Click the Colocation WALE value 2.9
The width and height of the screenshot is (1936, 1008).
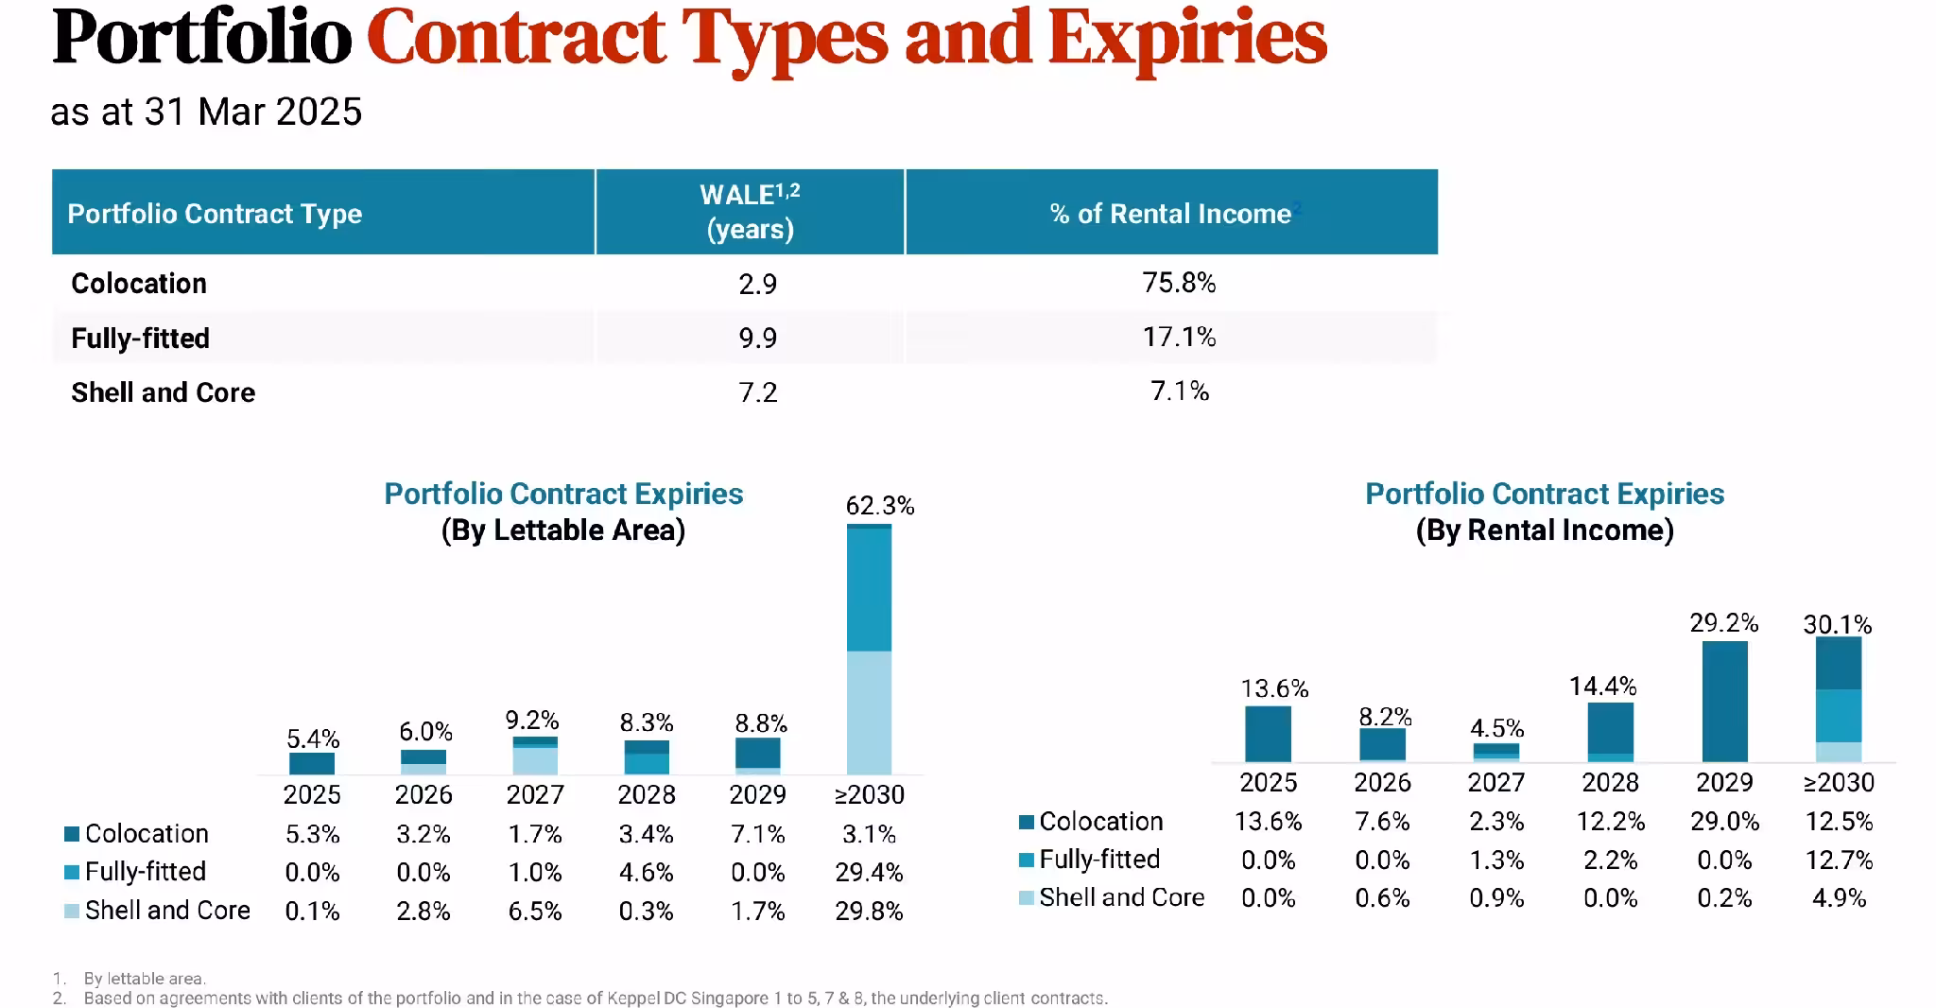[x=757, y=284]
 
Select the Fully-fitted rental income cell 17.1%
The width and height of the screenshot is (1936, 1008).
[x=1179, y=337]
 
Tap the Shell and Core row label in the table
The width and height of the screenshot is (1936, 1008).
[x=163, y=392]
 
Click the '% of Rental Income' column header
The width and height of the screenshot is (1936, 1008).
[x=1171, y=214]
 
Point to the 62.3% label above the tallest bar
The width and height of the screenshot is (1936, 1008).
[x=879, y=506]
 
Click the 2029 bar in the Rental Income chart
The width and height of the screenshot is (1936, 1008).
[x=1724, y=702]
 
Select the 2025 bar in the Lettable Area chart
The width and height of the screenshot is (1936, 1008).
[x=312, y=763]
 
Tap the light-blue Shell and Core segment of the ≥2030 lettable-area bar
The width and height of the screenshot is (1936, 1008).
[x=869, y=712]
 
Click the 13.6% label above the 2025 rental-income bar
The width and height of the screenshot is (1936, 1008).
[x=1274, y=688]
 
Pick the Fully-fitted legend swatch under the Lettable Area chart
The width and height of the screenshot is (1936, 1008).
[x=72, y=872]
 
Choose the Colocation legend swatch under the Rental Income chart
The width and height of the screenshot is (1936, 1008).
[x=1027, y=822]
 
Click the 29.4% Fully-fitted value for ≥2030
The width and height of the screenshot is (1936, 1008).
[x=869, y=872]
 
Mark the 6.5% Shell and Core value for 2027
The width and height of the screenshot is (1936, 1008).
[x=535, y=911]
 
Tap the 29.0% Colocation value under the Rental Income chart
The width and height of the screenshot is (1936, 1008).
[x=1724, y=822]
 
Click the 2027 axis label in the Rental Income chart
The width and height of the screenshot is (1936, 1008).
[x=1495, y=782]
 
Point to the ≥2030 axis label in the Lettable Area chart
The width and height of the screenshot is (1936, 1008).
[x=869, y=794]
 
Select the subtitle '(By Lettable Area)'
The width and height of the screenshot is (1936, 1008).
[x=563, y=530]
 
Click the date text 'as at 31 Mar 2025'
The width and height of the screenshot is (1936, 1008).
[x=206, y=112]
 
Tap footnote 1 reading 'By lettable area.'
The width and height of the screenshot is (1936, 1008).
[x=144, y=979]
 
